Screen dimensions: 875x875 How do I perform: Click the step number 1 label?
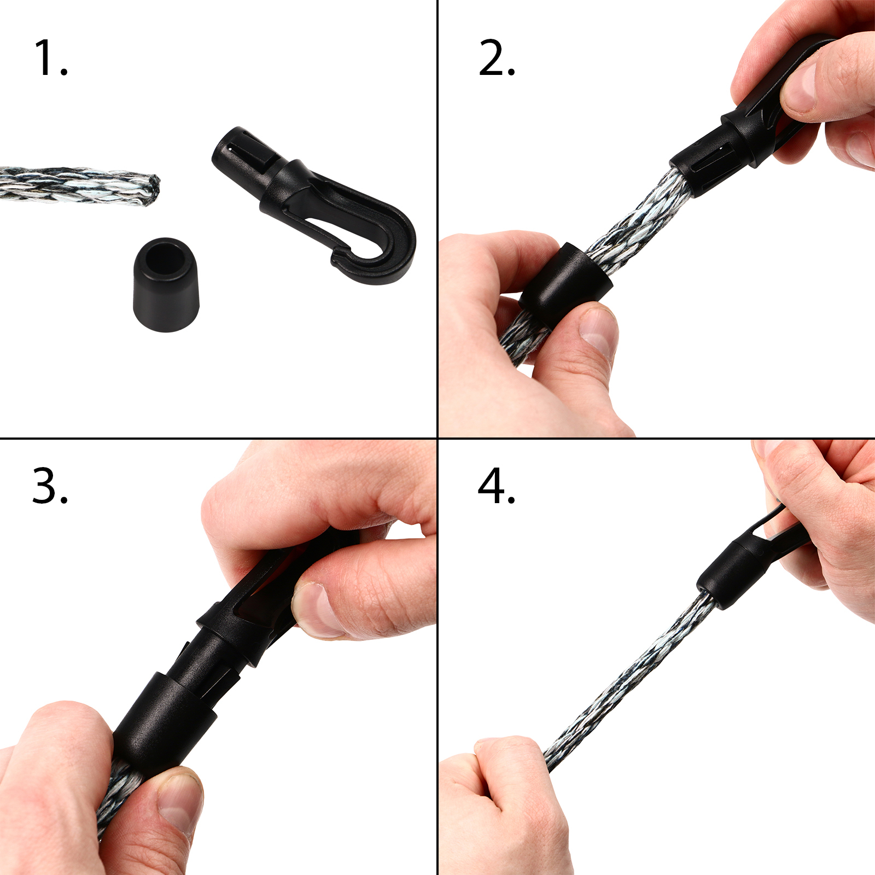[x=50, y=57]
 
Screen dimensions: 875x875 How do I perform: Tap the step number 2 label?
[x=497, y=57]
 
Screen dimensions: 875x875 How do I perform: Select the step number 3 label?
[x=50, y=485]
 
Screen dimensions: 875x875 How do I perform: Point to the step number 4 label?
[x=497, y=485]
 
